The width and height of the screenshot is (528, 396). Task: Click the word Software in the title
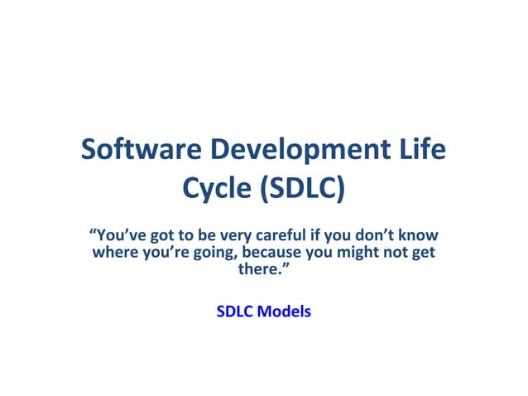coord(140,152)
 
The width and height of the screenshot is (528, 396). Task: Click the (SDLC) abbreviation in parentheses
coord(302,191)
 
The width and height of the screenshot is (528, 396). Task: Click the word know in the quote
coord(419,234)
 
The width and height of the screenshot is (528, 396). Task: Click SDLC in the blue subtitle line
coord(234,312)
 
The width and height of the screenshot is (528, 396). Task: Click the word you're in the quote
coord(166,252)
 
